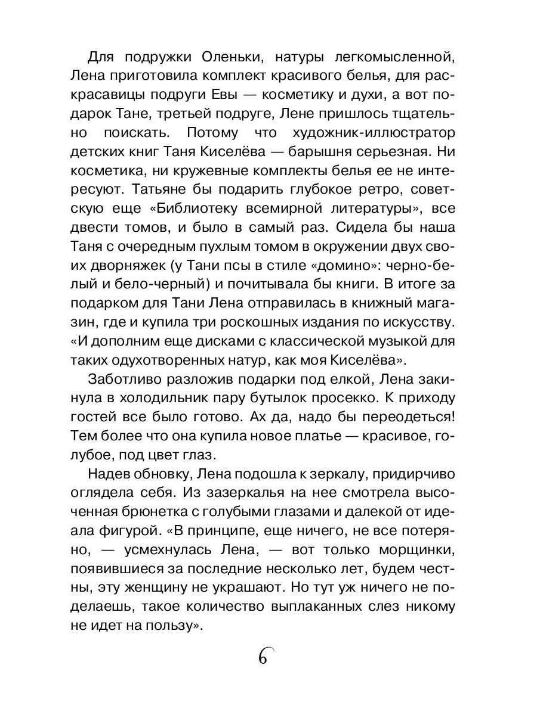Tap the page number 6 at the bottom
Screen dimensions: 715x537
(264, 657)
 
